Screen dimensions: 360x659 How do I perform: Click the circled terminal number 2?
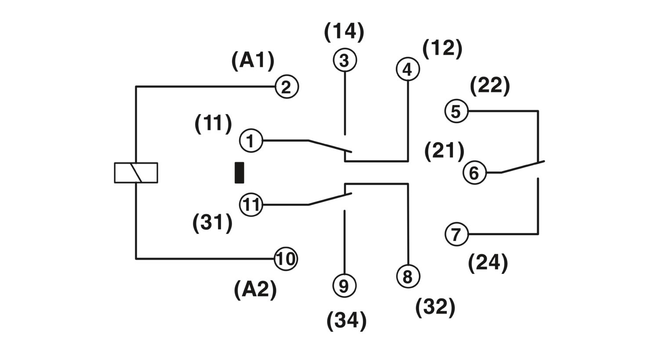(286, 87)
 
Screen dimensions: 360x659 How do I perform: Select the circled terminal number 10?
(286, 259)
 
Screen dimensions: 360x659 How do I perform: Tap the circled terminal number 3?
(344, 60)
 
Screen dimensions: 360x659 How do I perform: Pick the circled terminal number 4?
(408, 69)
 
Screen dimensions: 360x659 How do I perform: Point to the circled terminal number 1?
(251, 141)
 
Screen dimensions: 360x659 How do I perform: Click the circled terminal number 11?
(251, 205)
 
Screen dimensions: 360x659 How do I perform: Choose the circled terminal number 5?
(456, 111)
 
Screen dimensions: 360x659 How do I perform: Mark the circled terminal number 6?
(474, 173)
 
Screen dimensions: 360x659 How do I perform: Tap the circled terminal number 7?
(456, 234)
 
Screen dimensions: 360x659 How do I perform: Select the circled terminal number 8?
(408, 277)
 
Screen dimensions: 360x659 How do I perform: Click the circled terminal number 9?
(344, 286)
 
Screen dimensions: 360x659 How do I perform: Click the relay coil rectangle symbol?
(136, 173)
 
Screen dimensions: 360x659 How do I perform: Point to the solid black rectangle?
(239, 173)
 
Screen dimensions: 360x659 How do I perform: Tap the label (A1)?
(253, 61)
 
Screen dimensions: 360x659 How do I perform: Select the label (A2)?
(255, 290)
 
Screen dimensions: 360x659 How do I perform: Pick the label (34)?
(346, 320)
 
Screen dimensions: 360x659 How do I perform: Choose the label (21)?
(444, 151)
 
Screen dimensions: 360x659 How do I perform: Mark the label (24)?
(488, 263)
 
